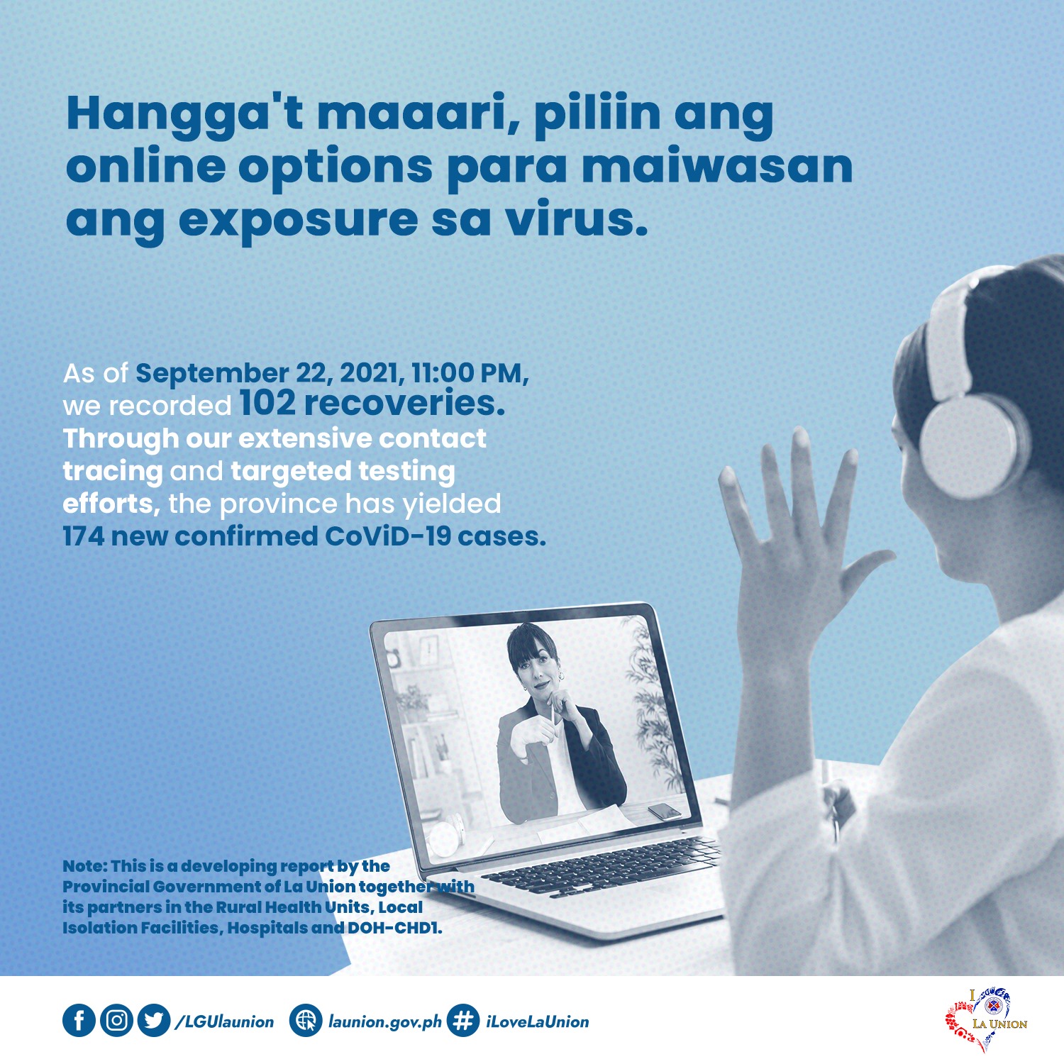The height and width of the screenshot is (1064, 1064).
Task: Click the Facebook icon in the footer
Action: coord(79,1021)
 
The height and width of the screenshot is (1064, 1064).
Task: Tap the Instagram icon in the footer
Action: coord(116,1021)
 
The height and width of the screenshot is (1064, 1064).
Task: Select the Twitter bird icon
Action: coord(154,1021)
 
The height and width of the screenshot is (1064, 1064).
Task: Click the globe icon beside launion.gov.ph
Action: coord(306,1021)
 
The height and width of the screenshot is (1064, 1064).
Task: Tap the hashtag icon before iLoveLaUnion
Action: coord(463,1021)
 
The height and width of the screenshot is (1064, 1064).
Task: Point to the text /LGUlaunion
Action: coord(224,1022)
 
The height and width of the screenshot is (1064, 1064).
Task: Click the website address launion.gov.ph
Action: coord(384,1022)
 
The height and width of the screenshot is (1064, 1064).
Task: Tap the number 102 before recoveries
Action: coord(267,403)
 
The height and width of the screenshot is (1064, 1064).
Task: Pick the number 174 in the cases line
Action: coord(84,536)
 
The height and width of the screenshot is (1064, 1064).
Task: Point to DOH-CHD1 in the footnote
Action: coord(394,928)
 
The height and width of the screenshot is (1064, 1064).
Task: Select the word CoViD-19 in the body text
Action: coord(388,536)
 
